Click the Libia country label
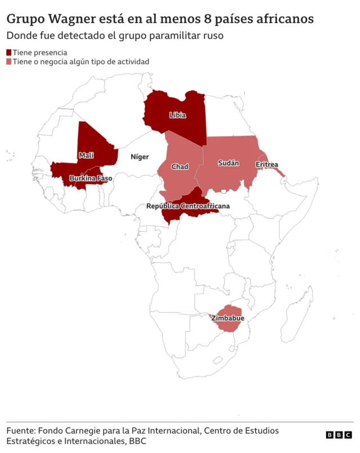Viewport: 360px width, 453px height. click(177, 115)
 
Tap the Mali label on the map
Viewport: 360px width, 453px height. click(86, 155)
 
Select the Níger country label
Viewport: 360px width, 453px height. click(139, 157)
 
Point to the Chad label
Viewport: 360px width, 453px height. click(179, 167)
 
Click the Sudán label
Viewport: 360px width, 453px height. click(228, 163)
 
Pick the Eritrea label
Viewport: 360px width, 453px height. click(267, 165)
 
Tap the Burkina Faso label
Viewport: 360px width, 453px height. click(91, 178)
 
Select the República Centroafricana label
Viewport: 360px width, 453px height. click(188, 207)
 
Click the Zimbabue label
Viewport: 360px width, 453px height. click(228, 319)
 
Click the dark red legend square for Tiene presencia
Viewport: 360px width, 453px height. click(9, 52)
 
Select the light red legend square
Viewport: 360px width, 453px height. click(9, 62)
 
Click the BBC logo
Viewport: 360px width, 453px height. click(339, 435)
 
